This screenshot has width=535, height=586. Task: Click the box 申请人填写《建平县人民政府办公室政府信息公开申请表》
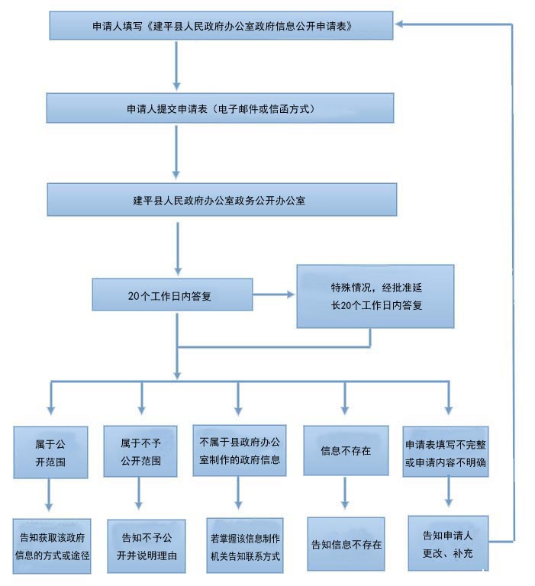pos(221,25)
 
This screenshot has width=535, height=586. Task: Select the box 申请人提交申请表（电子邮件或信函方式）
pos(221,108)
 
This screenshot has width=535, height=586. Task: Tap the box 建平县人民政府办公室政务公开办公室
pos(221,200)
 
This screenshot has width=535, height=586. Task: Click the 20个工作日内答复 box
pos(172,295)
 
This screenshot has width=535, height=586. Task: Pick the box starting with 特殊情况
pos(375,296)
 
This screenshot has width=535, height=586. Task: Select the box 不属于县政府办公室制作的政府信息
pos(239,451)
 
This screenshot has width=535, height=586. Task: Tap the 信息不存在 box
pos(345,451)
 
